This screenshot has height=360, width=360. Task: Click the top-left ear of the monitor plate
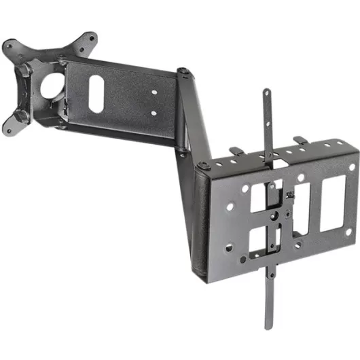(x=10, y=48)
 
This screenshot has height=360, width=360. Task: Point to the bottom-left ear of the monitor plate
(x=9, y=127)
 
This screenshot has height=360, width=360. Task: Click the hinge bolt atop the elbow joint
(x=183, y=70)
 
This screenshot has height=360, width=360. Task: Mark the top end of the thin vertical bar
(x=267, y=94)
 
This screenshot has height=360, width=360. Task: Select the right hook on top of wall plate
(x=299, y=140)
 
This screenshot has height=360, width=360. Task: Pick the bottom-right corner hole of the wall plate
(x=348, y=231)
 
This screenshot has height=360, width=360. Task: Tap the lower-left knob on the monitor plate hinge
(x=22, y=115)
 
